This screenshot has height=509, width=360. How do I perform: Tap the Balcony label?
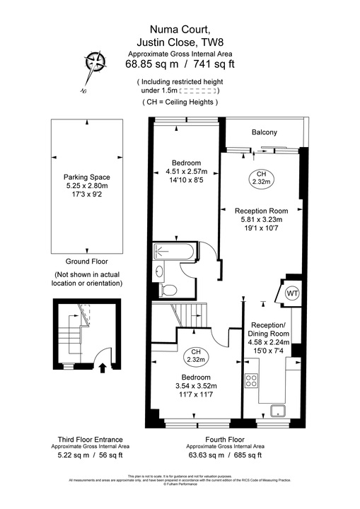coord(264,133)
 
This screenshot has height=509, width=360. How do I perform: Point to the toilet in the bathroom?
coord(168,289)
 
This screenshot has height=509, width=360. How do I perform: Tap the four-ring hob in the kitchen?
coord(251,382)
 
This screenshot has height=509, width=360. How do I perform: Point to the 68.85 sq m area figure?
coord(148,64)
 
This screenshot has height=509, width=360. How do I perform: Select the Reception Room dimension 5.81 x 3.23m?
coord(261,219)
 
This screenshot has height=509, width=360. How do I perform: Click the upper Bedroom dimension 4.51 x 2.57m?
coord(185,172)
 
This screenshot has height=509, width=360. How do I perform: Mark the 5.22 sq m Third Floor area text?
coord(72,457)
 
